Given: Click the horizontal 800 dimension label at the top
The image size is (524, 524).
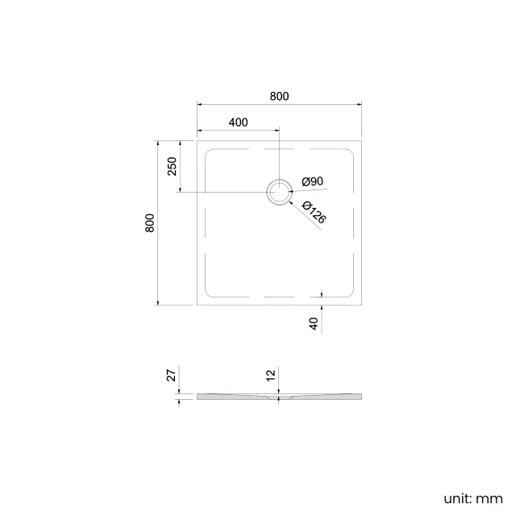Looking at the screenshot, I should coord(279,96).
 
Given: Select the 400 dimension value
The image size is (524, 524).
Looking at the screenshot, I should coord(238,123).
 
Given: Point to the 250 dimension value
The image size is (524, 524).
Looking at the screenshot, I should coord(171,166).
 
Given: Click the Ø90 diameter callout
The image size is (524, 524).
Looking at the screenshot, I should coord(312,182).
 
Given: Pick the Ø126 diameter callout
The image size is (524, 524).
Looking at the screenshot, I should coord(314,213).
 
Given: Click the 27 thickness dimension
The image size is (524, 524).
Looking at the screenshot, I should coord(170,376).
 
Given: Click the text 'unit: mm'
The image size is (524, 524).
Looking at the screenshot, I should coord(472,498).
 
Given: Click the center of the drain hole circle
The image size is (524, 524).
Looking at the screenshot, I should coord(279,192).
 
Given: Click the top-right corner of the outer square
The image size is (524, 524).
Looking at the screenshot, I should coord(360,140).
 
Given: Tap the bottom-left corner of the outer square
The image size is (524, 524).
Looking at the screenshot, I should coord(198,305).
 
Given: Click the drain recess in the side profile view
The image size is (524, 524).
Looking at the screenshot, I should coord(279,397).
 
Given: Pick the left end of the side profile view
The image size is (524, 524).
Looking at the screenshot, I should coord(198,397).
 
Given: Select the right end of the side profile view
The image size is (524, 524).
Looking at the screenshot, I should coord(360,397).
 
